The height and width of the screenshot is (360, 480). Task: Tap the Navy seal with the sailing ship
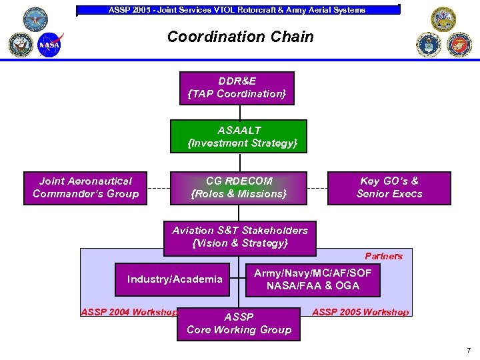coord(21,45)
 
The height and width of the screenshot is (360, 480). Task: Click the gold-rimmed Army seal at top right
coord(443,19)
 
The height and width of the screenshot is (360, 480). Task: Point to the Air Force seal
coord(429,44)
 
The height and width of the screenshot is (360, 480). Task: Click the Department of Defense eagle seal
coord(35,19)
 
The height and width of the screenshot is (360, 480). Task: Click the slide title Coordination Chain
coord(240,37)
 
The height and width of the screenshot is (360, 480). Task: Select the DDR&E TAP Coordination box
coord(237,88)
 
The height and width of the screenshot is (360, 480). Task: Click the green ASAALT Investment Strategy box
coord(239,137)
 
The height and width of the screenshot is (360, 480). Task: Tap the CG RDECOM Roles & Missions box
coord(239,187)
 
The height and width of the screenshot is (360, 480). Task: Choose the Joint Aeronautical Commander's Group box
coord(85,187)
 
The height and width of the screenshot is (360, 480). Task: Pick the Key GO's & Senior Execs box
coord(389,187)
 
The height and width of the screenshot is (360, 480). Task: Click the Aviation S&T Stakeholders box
coord(240,237)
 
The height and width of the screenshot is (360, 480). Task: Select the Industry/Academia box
coord(175,279)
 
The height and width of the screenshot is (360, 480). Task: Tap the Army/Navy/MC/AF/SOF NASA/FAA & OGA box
coord(313,279)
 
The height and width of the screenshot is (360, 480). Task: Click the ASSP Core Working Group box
coord(239,323)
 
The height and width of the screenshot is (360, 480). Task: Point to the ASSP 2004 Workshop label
coord(129,312)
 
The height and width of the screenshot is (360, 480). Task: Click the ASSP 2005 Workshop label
coord(360,312)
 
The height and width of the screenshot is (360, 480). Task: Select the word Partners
coord(383,256)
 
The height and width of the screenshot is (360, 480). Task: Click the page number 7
coord(469,350)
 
